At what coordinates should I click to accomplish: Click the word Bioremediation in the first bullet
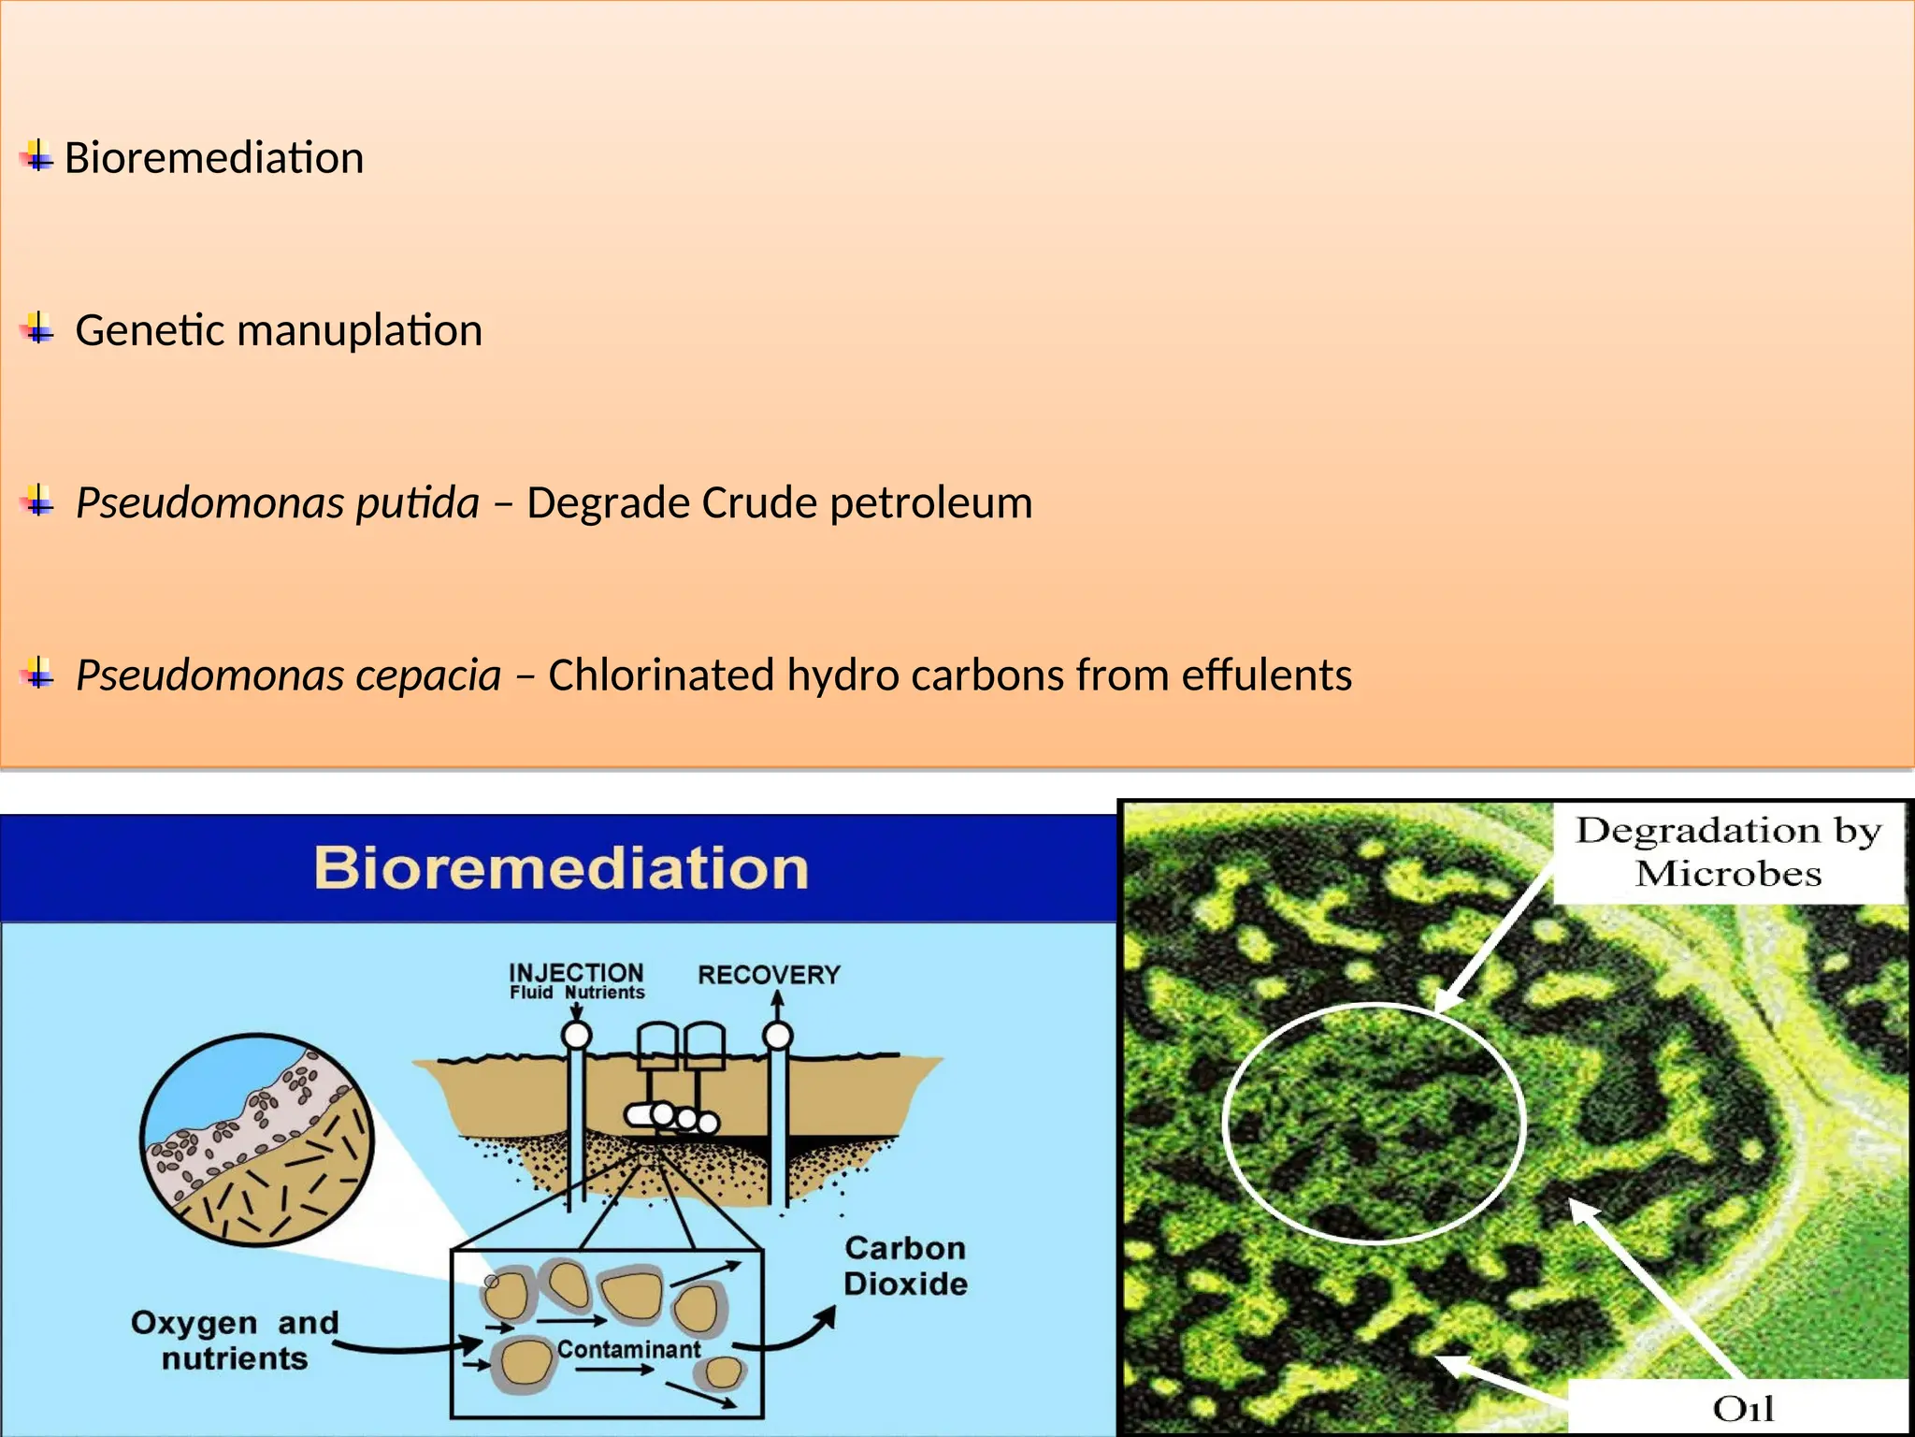click(x=213, y=157)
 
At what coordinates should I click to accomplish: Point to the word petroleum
click(x=930, y=503)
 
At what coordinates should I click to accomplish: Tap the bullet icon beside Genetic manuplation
click(x=37, y=328)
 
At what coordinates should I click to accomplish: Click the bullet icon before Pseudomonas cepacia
click(x=37, y=673)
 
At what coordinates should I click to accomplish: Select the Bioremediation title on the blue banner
click(x=561, y=868)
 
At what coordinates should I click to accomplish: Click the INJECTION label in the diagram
click(x=576, y=973)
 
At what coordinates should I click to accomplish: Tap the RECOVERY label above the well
click(x=769, y=975)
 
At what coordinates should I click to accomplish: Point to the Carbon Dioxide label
click(x=905, y=1266)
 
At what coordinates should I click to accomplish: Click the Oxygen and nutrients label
click(x=235, y=1340)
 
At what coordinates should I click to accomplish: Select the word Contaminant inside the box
click(x=628, y=1349)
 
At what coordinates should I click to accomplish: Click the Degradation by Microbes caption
click(x=1728, y=851)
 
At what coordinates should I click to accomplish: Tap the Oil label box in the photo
click(x=1741, y=1408)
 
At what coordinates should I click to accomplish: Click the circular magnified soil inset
click(x=256, y=1139)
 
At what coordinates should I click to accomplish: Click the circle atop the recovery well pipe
click(x=778, y=1036)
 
